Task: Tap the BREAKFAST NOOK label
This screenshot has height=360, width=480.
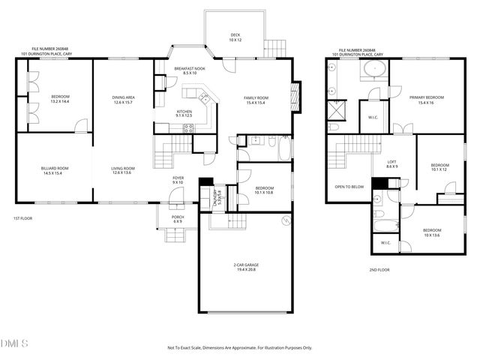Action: (x=185, y=71)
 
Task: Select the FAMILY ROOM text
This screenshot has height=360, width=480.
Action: (x=256, y=100)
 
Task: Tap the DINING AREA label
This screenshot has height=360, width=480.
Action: (x=123, y=100)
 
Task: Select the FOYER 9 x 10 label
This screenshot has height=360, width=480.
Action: (x=178, y=181)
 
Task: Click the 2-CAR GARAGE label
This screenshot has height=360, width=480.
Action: (x=244, y=268)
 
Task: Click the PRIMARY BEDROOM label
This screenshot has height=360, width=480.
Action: (x=427, y=100)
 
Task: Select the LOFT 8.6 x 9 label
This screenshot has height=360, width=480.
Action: (x=391, y=164)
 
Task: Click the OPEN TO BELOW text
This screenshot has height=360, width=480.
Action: (x=349, y=187)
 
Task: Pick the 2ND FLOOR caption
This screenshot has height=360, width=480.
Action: (x=379, y=270)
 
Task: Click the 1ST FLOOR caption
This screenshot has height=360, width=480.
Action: (x=22, y=218)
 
